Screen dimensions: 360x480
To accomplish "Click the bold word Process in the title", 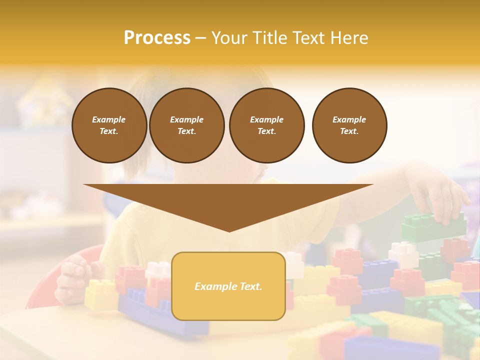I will tap(157, 38).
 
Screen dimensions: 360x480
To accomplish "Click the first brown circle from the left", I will tap(109, 125).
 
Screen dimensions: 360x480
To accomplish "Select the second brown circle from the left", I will tap(186, 125).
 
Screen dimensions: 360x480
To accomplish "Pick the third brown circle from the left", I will tap(266, 125).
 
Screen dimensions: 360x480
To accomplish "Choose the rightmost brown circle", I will tap(349, 125).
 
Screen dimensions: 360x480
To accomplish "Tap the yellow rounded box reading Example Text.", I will tap(228, 286).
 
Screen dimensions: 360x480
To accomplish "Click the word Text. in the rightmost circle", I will tap(349, 131).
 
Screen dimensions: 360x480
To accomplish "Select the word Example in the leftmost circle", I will tap(109, 119).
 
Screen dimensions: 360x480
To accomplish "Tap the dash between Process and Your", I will tap(200, 38).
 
